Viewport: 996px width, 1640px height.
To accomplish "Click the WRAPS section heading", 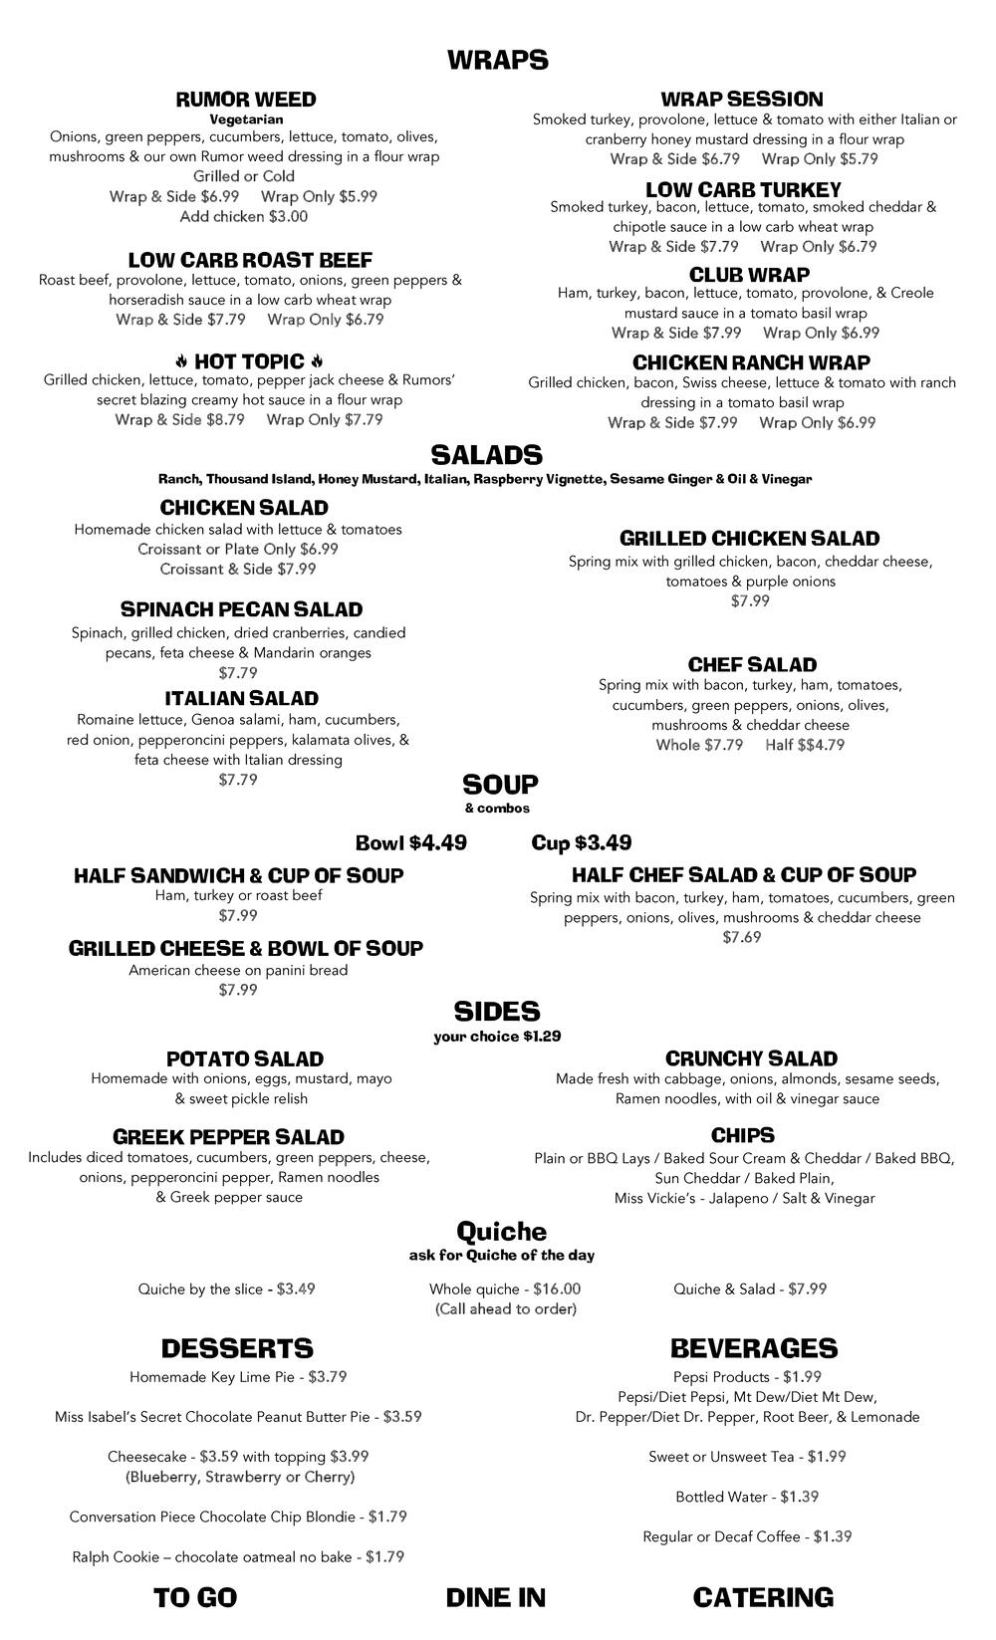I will point(497,61).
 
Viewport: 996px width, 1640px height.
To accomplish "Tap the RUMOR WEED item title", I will point(246,100).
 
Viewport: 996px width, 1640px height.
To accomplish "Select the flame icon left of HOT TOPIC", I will point(181,360).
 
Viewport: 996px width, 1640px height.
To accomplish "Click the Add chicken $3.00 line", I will point(244,216).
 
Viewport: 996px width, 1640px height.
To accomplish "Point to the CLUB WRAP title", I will point(749,274).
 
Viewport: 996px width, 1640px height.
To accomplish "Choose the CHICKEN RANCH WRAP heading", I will point(751,362).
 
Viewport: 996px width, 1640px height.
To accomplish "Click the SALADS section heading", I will point(486,455).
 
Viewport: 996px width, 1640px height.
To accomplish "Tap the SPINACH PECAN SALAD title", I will point(241,609).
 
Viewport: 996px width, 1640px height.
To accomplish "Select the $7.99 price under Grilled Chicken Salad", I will point(750,600).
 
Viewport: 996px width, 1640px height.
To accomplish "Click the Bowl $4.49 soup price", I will point(411,843).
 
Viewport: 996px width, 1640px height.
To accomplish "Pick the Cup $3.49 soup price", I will point(582,843).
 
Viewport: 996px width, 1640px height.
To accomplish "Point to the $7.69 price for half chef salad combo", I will point(742,937).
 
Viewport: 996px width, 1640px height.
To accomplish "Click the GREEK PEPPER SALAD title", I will point(228,1137).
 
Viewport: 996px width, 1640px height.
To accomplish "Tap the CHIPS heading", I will point(743,1135).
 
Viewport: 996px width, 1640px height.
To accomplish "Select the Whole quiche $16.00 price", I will point(505,1289).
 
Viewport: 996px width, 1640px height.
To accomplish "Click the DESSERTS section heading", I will point(237,1348).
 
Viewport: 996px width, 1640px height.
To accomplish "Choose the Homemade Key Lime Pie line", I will point(238,1377).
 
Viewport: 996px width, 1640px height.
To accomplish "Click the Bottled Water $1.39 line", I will point(747,1497).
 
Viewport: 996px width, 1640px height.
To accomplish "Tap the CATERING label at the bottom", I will point(763,1597).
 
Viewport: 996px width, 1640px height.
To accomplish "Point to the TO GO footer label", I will point(195,1597).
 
